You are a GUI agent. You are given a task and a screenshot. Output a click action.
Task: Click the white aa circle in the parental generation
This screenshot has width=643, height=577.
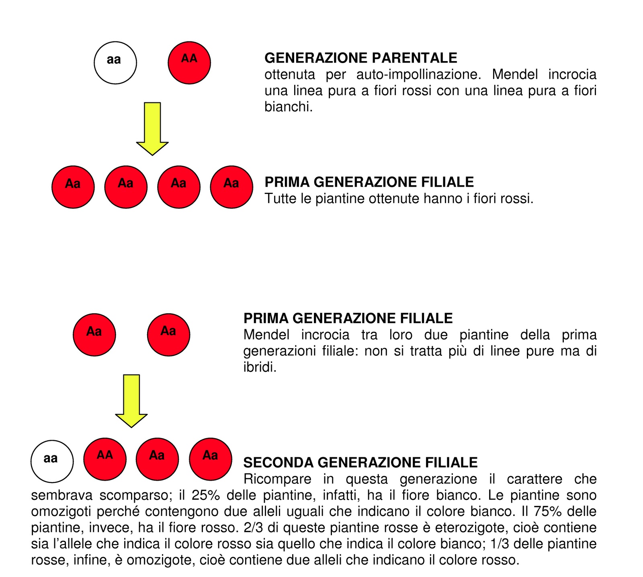coord(115,63)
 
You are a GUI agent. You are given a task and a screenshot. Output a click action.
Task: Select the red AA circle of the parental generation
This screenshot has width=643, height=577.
coord(189,63)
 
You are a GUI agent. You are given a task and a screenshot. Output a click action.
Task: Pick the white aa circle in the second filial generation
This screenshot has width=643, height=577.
coord(52,461)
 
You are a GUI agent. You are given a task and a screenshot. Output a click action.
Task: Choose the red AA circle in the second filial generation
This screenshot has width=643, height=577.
coord(105,459)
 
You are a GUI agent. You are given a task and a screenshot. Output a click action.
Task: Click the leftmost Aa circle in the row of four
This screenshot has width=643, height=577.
coord(73,187)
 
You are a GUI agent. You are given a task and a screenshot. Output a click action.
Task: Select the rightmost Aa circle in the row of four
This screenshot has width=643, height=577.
coord(231,187)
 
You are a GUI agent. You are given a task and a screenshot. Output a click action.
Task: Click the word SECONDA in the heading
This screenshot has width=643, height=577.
coord(278,463)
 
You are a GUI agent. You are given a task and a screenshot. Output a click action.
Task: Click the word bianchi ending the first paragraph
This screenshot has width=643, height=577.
coord(288,107)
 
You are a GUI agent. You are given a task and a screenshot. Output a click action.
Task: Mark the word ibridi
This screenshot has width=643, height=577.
coord(260,367)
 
